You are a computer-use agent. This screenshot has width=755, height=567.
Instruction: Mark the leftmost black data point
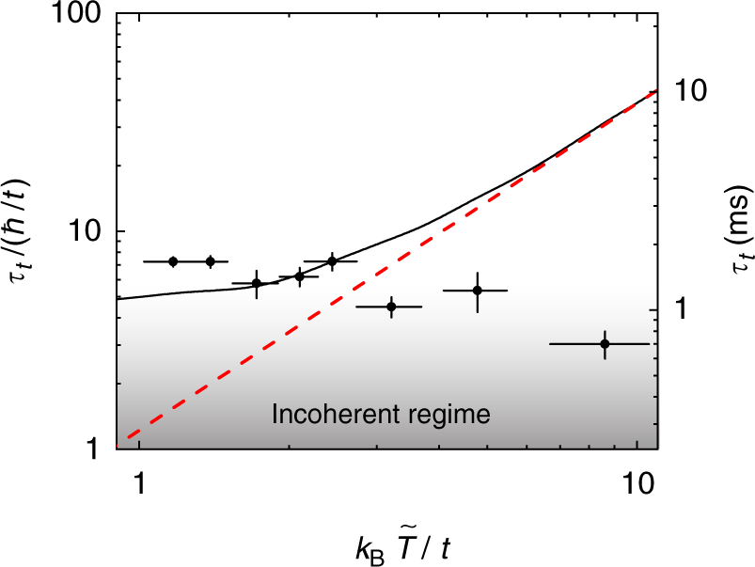point(173,261)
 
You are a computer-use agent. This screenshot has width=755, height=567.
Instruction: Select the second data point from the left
point(211,261)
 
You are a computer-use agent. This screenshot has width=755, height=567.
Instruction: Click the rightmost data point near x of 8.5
point(605,344)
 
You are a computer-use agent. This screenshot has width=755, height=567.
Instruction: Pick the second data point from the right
point(477,291)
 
